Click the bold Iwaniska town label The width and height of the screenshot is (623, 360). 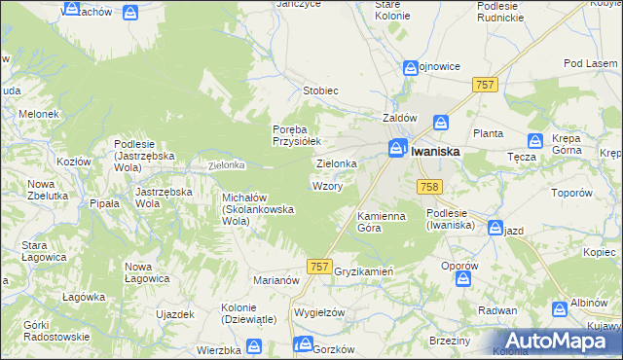[435, 152]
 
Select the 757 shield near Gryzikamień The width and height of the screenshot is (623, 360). [318, 266]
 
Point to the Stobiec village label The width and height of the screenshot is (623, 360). [319, 91]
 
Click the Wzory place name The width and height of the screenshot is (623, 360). [326, 185]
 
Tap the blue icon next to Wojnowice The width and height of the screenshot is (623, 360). [411, 67]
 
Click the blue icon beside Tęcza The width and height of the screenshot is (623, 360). [534, 141]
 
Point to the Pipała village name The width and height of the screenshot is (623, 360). [104, 203]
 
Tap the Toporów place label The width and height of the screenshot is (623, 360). [570, 193]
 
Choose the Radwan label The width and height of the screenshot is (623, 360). [498, 310]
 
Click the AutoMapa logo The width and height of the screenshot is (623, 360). [559, 341]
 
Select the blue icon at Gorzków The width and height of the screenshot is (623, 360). [304, 345]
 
